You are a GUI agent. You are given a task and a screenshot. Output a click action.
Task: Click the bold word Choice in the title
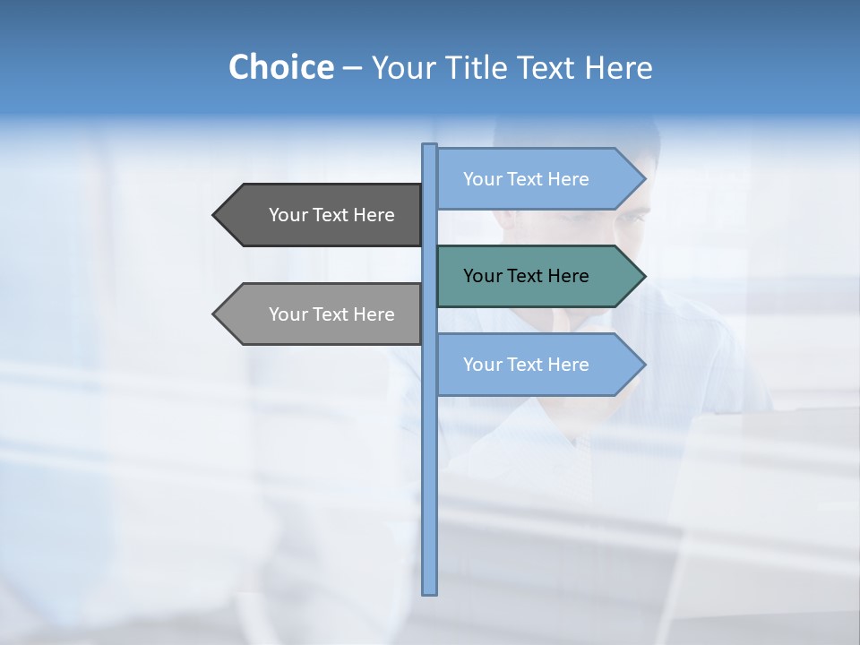pyautogui.click(x=280, y=67)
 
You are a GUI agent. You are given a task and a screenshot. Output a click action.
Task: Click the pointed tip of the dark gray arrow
pyautogui.click(x=215, y=215)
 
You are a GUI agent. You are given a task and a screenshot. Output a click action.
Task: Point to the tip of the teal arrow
pyautogui.click(x=643, y=276)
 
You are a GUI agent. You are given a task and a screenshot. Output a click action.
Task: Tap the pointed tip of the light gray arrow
pyautogui.click(x=215, y=314)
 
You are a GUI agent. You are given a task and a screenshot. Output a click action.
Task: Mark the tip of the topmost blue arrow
pyautogui.click(x=643, y=179)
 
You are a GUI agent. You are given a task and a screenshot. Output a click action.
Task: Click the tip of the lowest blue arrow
pyautogui.click(x=643, y=365)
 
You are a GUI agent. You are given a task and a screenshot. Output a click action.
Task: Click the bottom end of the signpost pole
pyautogui.click(x=430, y=591)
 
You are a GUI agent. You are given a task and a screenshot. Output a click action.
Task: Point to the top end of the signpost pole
pyautogui.click(x=430, y=146)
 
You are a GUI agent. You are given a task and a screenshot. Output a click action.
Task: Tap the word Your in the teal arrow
pyautogui.click(x=482, y=276)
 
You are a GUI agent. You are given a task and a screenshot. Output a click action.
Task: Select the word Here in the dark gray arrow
pyautogui.click(x=374, y=215)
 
